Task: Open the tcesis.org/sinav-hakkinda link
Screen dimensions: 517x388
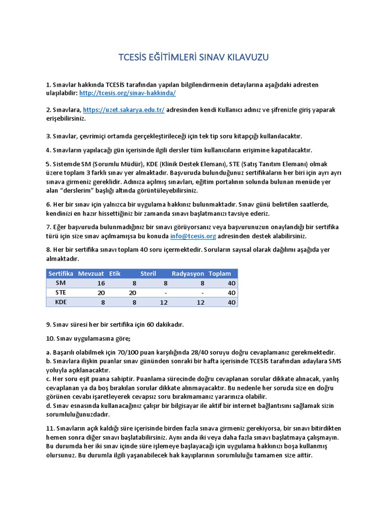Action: tap(127, 93)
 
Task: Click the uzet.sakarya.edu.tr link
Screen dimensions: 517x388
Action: tap(124, 110)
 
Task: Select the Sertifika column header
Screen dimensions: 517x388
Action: tap(61, 273)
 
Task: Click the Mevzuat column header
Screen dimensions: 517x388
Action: tap(91, 273)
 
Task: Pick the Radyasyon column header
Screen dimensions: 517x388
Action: tap(188, 273)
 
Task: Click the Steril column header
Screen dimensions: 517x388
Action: tap(148, 273)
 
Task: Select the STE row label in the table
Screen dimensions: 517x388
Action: tap(61, 292)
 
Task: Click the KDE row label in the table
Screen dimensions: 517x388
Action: tap(61, 302)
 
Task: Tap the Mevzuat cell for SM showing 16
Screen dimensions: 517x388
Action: tap(101, 283)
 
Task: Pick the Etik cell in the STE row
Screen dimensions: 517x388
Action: tap(132, 292)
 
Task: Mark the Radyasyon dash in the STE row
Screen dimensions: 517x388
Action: tap(202, 292)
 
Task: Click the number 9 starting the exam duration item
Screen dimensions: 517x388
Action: tap(47, 324)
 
